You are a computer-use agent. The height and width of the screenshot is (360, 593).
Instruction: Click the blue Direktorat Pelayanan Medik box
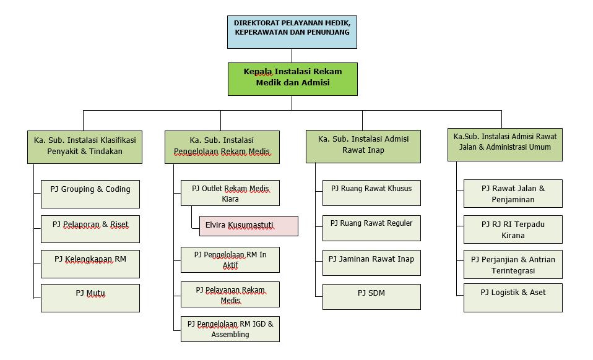pos(292,32)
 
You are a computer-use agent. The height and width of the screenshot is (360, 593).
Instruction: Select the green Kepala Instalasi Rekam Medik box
pos(292,79)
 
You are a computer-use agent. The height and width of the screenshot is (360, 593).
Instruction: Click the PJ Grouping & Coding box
pos(90,194)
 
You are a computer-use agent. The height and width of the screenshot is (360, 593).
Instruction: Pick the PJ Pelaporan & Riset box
pos(90,229)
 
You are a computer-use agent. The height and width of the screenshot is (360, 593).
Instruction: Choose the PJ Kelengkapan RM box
pos(90,264)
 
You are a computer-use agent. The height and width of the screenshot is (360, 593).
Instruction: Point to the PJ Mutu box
pos(90,298)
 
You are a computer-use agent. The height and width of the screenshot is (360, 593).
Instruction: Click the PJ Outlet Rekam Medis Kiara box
pos(230,193)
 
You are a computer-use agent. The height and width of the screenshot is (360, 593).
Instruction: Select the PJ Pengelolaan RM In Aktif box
pos(230,260)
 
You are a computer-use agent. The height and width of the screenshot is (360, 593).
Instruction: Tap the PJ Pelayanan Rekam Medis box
pos(230,294)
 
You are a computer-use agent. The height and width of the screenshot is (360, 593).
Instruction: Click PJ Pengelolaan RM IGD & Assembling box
pos(230,329)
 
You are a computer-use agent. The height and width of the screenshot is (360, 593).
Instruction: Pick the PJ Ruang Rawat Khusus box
pos(371,193)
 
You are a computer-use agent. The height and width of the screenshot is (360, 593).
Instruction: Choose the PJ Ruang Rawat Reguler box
pos(371,228)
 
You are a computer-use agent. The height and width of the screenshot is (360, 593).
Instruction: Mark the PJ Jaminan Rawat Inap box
pos(371,263)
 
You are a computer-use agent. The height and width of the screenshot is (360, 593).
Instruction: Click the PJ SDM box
pos(371,297)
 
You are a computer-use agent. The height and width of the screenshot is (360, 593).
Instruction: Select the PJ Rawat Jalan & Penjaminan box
pos(513,194)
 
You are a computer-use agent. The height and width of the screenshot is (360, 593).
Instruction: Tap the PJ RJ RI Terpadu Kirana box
pos(513,229)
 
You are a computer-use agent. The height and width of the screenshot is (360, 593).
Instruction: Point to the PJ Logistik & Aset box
pos(513,298)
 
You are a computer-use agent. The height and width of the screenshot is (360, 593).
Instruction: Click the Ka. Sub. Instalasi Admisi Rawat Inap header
pos(363,147)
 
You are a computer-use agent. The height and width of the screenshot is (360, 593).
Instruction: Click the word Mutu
pos(96,293)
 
